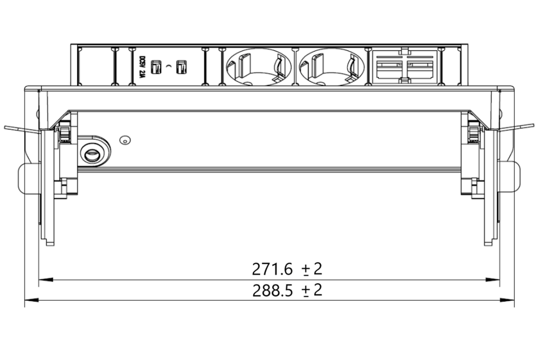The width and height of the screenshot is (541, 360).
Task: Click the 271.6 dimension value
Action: [272, 269]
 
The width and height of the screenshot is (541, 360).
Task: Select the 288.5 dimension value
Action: [273, 291]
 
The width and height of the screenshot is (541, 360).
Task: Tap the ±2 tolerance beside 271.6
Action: [312, 269]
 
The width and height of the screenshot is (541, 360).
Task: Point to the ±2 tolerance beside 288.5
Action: [312, 290]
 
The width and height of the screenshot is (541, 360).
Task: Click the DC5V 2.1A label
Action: [141, 67]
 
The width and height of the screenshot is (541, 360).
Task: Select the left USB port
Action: [156, 67]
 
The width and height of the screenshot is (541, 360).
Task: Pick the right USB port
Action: [181, 67]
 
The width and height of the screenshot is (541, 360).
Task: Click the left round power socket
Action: [258, 67]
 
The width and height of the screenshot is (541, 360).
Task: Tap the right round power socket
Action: [332, 67]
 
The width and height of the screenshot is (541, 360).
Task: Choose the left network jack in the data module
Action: [389, 69]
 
